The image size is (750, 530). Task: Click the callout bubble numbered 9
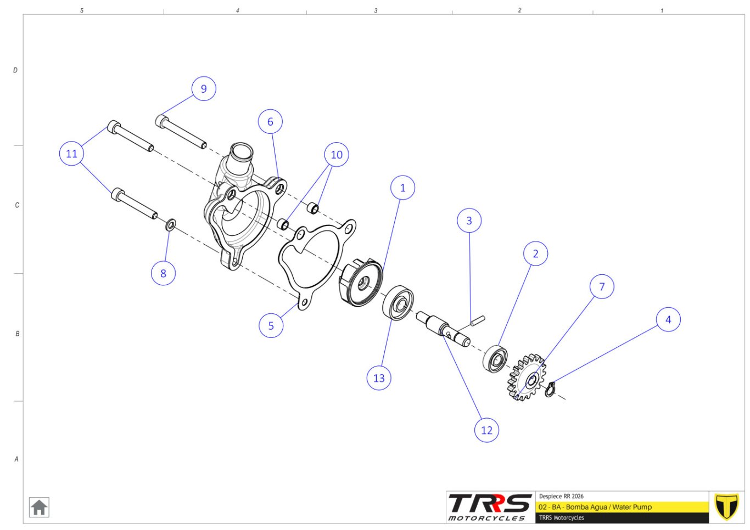(x=204, y=89)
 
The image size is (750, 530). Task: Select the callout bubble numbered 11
(x=72, y=154)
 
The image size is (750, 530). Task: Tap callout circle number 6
(x=270, y=121)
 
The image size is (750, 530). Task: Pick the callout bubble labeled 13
(x=379, y=378)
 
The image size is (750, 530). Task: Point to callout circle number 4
(x=668, y=319)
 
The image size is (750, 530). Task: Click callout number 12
(x=486, y=430)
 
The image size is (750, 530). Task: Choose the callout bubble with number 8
(x=164, y=273)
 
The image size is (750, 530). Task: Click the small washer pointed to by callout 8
(x=171, y=225)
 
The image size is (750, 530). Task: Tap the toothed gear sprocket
(x=527, y=378)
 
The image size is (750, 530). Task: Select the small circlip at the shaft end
(x=550, y=390)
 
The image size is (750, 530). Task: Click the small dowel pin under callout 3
(x=478, y=320)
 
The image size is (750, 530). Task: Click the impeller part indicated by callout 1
(x=361, y=283)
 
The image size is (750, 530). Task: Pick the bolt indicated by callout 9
(x=181, y=132)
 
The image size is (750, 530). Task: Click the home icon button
(x=39, y=508)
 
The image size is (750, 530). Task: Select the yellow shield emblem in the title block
(x=726, y=506)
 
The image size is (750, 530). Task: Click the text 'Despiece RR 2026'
(x=561, y=496)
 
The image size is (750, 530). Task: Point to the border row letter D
(x=15, y=70)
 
